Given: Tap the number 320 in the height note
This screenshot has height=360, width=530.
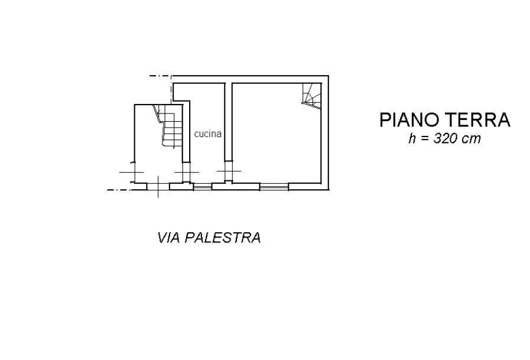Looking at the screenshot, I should (444, 140).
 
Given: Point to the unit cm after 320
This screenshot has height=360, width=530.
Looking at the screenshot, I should (473, 140).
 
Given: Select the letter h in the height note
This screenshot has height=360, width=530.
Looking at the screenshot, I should (412, 140).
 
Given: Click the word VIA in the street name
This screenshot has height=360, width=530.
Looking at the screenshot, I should (169, 238).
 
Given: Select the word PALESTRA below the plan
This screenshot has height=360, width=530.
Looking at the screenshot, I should (223, 238).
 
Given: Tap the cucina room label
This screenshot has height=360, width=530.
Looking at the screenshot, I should (207, 134).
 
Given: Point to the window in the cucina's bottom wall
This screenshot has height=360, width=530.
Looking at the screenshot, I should (203, 187).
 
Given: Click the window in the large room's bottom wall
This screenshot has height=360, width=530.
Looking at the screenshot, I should (274, 187).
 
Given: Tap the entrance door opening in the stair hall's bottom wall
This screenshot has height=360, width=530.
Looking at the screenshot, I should (158, 187).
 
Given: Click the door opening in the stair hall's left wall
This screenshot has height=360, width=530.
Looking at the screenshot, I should (133, 172).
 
